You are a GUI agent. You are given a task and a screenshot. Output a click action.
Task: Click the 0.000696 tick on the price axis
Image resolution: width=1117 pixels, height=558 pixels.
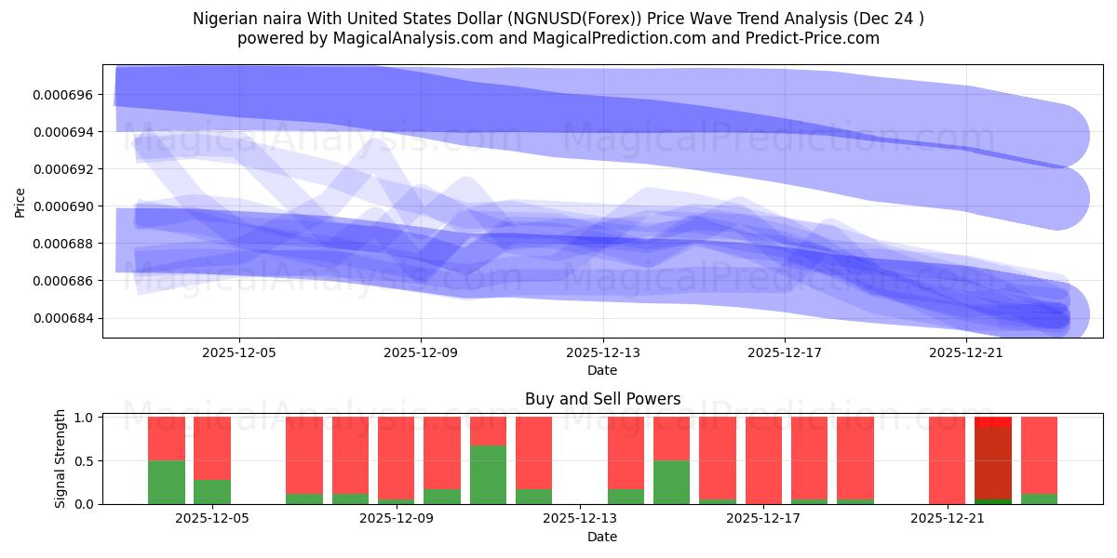pos(64,95)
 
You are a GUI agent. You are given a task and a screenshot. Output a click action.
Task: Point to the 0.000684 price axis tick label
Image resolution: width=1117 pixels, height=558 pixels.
pos(64,319)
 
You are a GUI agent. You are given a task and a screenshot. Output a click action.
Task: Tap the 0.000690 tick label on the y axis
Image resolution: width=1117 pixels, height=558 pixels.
pos(64,206)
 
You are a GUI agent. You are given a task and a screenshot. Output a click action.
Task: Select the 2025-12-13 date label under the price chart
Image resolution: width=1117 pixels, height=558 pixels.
pos(602,353)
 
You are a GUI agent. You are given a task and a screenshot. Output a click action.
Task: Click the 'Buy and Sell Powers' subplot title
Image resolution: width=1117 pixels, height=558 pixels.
pos(602,400)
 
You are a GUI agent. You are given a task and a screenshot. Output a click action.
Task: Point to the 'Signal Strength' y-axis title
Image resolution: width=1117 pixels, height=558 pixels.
pos(61,458)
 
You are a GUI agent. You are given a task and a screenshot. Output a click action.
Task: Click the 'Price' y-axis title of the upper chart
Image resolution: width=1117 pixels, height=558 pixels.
pos(20,202)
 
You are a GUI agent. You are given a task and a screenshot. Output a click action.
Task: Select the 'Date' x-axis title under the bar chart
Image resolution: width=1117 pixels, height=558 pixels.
pos(602,537)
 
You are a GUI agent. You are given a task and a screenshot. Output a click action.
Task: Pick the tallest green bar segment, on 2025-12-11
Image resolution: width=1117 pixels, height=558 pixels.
pos(488,474)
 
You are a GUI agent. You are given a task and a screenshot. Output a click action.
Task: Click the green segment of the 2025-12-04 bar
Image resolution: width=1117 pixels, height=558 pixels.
pos(167,482)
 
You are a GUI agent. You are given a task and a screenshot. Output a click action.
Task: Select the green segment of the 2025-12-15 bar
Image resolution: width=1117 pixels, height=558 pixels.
pos(671,482)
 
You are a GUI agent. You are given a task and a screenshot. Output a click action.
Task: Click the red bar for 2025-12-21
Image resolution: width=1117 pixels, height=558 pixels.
pos(947,460)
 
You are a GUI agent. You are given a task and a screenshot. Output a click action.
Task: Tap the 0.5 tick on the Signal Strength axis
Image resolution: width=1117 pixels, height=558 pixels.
pos(85,460)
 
